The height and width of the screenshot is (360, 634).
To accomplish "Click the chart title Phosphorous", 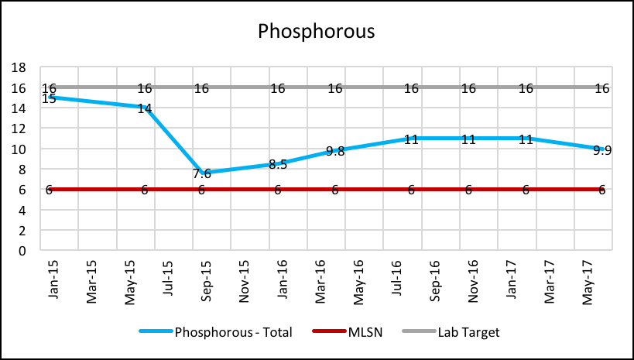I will [x=316, y=32].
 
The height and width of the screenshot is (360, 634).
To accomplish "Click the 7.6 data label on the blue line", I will [x=202, y=174].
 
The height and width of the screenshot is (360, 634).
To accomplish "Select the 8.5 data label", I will [x=278, y=165].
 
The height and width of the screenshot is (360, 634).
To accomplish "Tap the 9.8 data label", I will [x=335, y=152].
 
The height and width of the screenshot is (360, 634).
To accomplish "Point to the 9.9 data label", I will [x=602, y=150].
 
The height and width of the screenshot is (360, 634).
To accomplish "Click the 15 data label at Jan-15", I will [x=49, y=99].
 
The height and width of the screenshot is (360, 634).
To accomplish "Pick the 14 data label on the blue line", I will [x=145, y=109].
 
